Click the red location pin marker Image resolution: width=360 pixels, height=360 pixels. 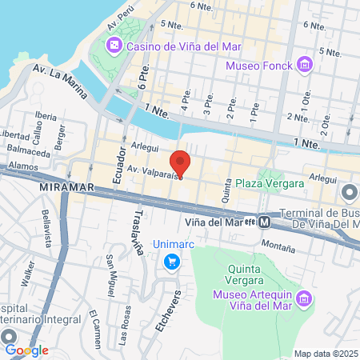pyautogui.click(x=181, y=163)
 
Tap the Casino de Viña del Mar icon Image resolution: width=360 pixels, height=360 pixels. pyautogui.click(x=115, y=46)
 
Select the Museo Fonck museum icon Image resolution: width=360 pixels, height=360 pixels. pyautogui.click(x=303, y=64)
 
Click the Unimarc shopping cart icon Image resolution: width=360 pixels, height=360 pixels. pyautogui.click(x=170, y=262)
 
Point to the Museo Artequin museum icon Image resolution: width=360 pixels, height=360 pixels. pyautogui.click(x=303, y=299)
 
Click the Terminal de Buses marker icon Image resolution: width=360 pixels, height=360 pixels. pyautogui.click(x=350, y=193)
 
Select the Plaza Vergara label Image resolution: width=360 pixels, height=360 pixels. pyautogui.click(x=270, y=183)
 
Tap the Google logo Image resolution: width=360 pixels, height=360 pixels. pyautogui.click(x=26, y=350)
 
